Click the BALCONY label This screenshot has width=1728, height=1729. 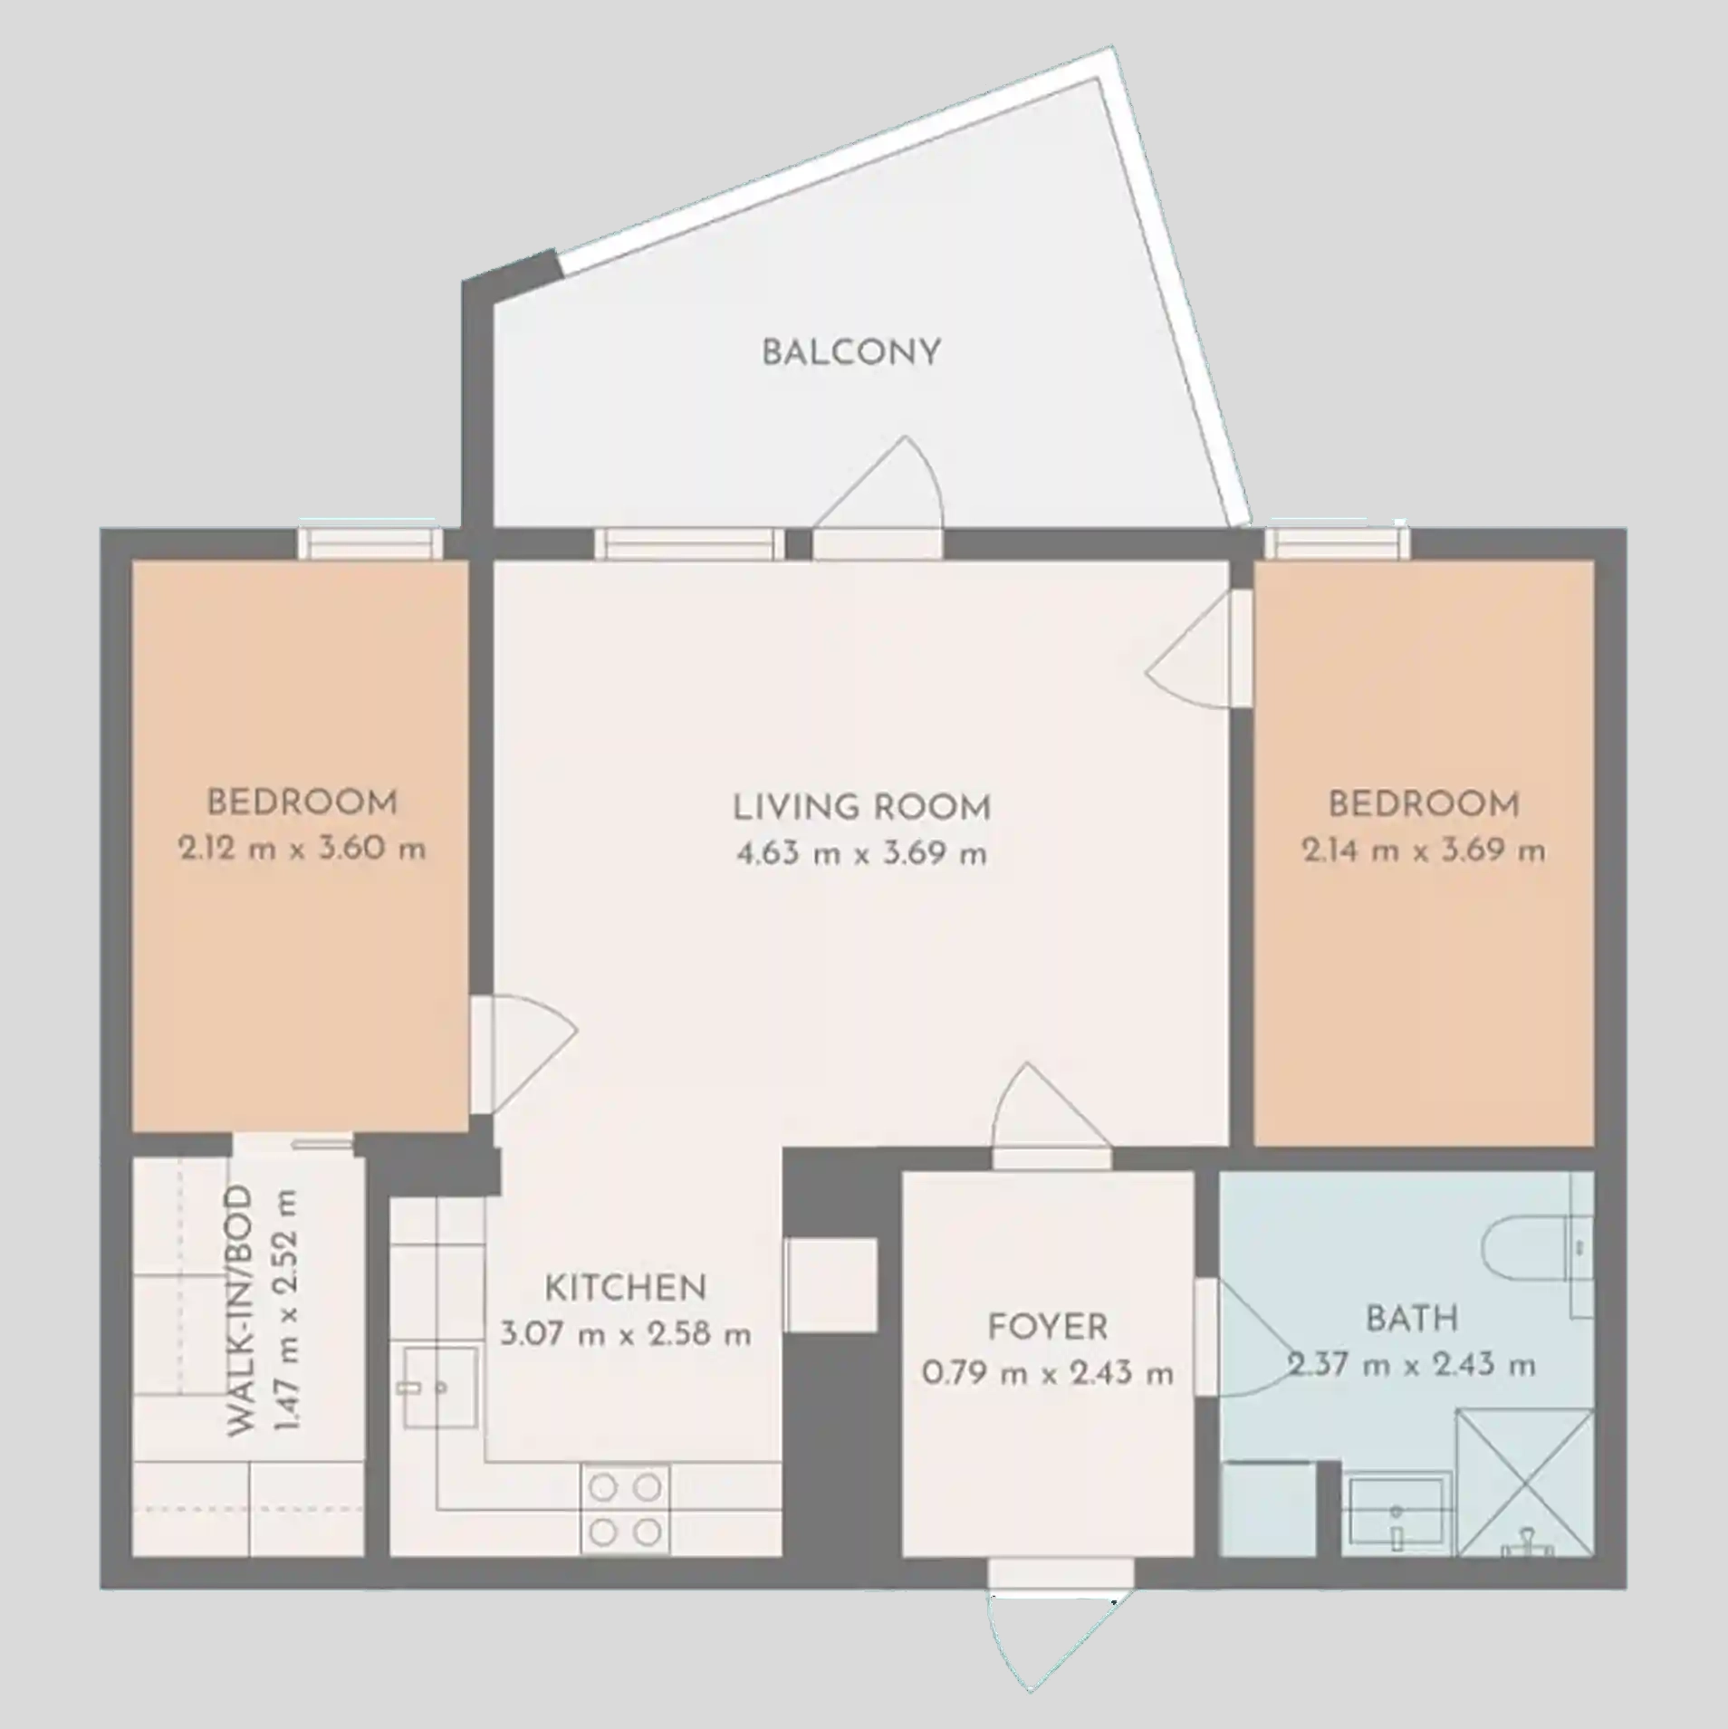[x=850, y=352]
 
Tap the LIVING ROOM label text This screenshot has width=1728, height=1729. [x=861, y=807]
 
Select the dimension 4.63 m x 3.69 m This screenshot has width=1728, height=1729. [x=861, y=853]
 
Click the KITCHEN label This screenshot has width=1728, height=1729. [x=625, y=1287]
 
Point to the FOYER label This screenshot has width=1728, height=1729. [x=1048, y=1327]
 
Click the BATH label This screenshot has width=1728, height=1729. [x=1412, y=1319]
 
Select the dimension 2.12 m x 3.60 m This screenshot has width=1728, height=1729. [x=302, y=849]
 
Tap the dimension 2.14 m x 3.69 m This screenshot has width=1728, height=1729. [x=1424, y=850]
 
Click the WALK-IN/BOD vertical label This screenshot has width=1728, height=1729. [x=240, y=1311]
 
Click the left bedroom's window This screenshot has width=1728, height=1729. [x=370, y=543]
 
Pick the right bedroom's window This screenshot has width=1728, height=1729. [x=1338, y=543]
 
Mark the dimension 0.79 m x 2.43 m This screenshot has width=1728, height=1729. [x=1048, y=1373]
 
